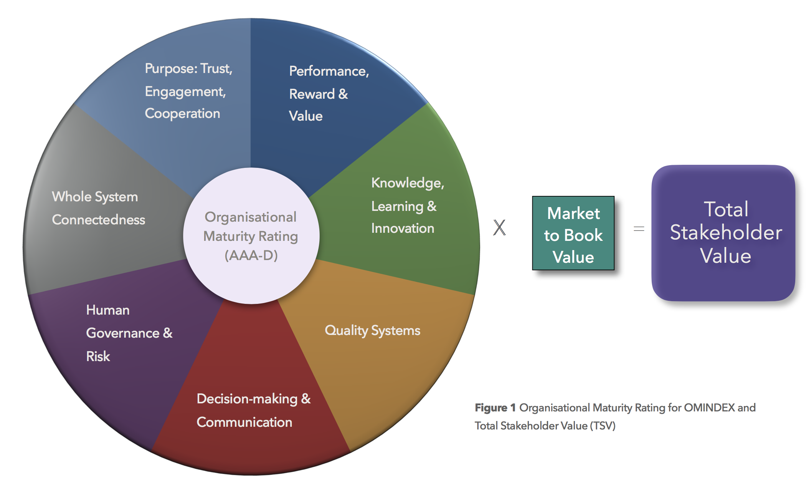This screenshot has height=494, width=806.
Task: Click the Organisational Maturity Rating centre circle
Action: click(251, 236)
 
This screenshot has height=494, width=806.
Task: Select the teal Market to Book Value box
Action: click(573, 233)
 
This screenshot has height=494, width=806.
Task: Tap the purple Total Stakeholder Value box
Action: click(723, 233)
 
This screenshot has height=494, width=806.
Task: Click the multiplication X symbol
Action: click(499, 227)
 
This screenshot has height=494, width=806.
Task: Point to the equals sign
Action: click(639, 229)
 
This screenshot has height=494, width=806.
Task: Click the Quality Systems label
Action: click(372, 331)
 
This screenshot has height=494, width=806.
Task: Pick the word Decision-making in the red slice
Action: click(247, 399)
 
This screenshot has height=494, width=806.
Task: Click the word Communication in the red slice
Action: click(244, 422)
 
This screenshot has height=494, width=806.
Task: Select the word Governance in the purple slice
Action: click(123, 333)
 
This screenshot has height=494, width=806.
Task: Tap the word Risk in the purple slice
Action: click(98, 356)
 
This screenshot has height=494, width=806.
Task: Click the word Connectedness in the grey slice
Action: click(99, 220)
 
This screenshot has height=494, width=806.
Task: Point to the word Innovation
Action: click(403, 229)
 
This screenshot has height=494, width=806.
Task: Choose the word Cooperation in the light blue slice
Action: click(182, 114)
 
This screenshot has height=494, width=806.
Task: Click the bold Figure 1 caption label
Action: click(495, 408)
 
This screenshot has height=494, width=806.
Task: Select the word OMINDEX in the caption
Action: click(709, 408)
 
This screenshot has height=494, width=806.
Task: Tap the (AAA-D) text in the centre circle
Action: click(251, 255)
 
